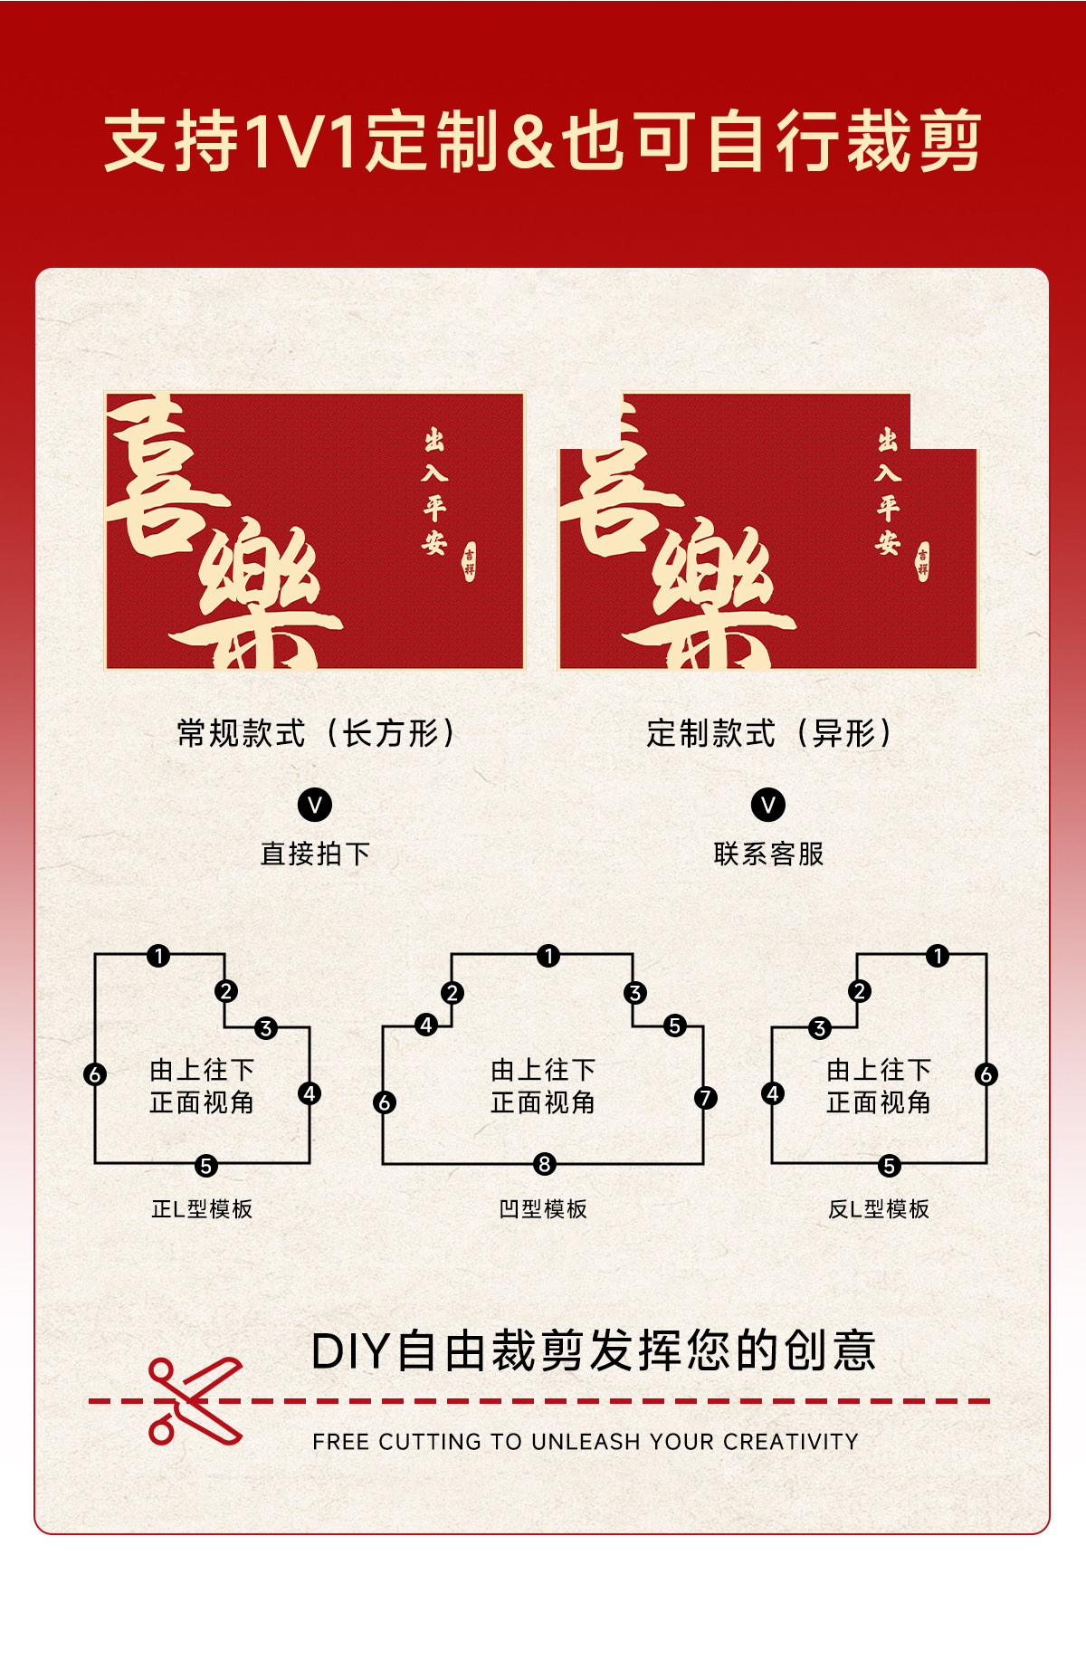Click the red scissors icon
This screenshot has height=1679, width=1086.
pyautogui.click(x=194, y=1401)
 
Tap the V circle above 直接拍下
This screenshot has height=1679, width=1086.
pyautogui.click(x=315, y=805)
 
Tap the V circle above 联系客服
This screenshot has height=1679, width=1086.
pyautogui.click(x=768, y=805)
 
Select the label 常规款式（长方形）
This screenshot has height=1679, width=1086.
pyautogui.click(x=315, y=733)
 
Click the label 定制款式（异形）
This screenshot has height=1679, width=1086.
pyautogui.click(x=768, y=733)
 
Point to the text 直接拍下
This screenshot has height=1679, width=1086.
pyautogui.click(x=315, y=854)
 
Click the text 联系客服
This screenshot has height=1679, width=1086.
pyautogui.click(x=768, y=854)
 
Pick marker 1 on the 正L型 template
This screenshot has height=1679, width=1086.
pyautogui.click(x=158, y=956)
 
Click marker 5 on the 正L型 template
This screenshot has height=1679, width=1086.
pyautogui.click(x=206, y=1166)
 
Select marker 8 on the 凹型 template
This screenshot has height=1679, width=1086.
pyautogui.click(x=544, y=1164)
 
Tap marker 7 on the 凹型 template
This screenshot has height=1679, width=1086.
pyautogui.click(x=705, y=1098)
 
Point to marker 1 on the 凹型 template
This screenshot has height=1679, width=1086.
pyautogui.click(x=548, y=956)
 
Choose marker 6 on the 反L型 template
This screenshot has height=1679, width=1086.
pyautogui.click(x=986, y=1074)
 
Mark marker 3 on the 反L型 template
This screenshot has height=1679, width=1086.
pyautogui.click(x=820, y=1028)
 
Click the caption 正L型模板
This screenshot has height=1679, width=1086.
pyautogui.click(x=202, y=1209)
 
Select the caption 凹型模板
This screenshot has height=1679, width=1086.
pyautogui.click(x=543, y=1209)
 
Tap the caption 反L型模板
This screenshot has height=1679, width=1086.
pyautogui.click(x=879, y=1209)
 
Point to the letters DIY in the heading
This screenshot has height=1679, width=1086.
pyautogui.click(x=350, y=1352)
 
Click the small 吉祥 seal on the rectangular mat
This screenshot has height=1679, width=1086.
pyautogui.click(x=469, y=561)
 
